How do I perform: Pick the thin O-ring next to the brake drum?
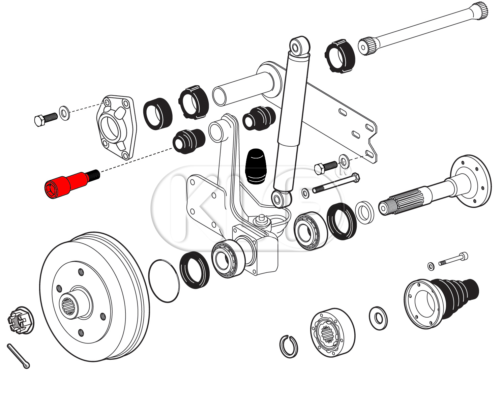point(164,281)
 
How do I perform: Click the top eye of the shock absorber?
point(299,46)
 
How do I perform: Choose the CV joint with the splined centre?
point(332,332)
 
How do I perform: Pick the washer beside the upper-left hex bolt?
point(64,112)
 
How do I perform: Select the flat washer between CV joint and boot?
point(378,318)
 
